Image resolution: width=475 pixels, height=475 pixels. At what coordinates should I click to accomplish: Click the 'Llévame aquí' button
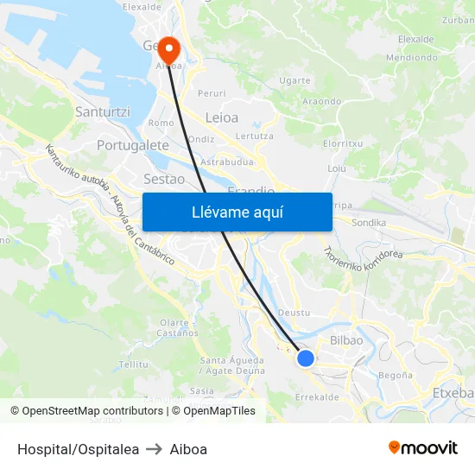coord(237,212)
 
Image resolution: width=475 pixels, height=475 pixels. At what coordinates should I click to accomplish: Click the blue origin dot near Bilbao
coord(306,358)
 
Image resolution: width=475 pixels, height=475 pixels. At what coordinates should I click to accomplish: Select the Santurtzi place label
coord(103,111)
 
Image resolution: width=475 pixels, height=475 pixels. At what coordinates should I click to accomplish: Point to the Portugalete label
coord(133,145)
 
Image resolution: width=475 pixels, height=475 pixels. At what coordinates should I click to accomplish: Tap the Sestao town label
coord(164,179)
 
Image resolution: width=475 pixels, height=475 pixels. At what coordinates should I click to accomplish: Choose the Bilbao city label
coord(346,340)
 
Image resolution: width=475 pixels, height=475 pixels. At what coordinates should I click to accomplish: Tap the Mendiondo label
coord(412,59)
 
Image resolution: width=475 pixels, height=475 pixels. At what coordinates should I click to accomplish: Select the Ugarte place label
coord(295,80)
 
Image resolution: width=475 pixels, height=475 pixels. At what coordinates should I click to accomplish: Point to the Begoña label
coord(396,375)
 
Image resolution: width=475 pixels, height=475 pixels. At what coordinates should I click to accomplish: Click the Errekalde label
coord(317,397)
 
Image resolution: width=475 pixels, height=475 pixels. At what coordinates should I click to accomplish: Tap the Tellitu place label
coord(134,364)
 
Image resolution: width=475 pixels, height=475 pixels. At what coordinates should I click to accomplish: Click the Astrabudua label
coord(226,161)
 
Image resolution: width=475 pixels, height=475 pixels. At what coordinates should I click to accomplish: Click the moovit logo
coord(423,447)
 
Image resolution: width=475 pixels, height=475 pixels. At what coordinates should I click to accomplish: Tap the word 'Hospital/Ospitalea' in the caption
coord(78,449)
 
